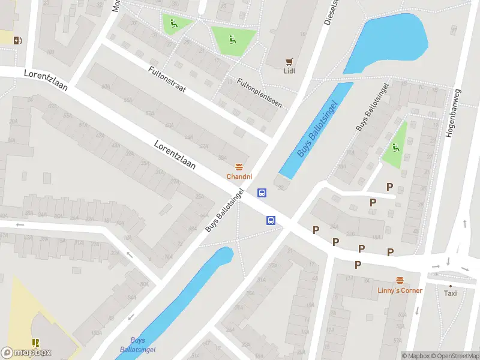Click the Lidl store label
click(x=290, y=70)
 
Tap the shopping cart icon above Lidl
click(x=290, y=61)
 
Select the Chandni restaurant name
click(x=239, y=176)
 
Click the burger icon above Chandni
click(x=239, y=167)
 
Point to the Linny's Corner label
click(x=400, y=290)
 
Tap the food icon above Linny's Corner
click(x=400, y=280)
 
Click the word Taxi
click(x=450, y=293)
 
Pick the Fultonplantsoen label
click(x=259, y=92)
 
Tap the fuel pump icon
click(x=18, y=40)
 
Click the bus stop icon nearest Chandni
click(x=262, y=193)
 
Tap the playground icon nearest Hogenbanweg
click(x=395, y=147)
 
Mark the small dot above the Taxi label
click(x=450, y=286)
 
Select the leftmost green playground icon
click(x=174, y=23)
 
